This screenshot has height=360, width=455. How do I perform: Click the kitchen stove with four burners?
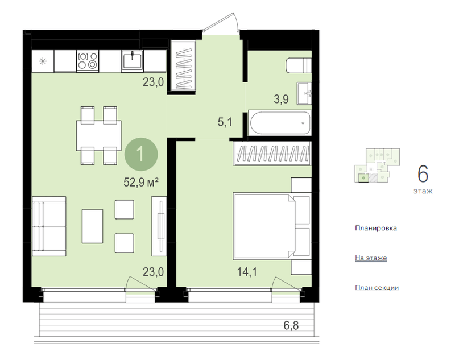coord(88,61)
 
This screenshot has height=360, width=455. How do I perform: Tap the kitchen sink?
coord(132,61)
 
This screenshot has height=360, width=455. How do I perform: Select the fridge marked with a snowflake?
coord(43,61)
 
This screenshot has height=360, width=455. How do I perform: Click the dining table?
coord(98,135)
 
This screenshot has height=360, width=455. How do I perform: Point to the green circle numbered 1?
coord(141,154)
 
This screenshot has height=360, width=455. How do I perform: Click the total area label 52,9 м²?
coord(141,183)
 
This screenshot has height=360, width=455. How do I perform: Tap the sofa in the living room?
coord(49,226)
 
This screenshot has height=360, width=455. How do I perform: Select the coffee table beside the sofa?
coord(92,226)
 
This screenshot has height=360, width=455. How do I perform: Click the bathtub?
coord(280,123)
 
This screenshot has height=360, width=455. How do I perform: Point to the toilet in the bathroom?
coord(299,65)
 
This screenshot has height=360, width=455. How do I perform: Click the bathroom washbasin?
coord(304,93)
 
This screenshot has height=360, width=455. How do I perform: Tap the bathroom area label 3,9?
coord(281,99)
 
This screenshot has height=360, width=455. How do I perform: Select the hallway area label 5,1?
coord(225,122)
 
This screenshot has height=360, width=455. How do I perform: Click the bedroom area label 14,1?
coord(247,272)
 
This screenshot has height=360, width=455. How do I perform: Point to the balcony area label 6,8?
coord(291,325)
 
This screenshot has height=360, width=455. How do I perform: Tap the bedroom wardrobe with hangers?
coord(272,154)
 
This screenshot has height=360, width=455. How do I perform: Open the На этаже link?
coord(371,258)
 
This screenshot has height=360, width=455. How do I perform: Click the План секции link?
coord(377,288)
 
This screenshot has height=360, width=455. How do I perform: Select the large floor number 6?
coord(423,174)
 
